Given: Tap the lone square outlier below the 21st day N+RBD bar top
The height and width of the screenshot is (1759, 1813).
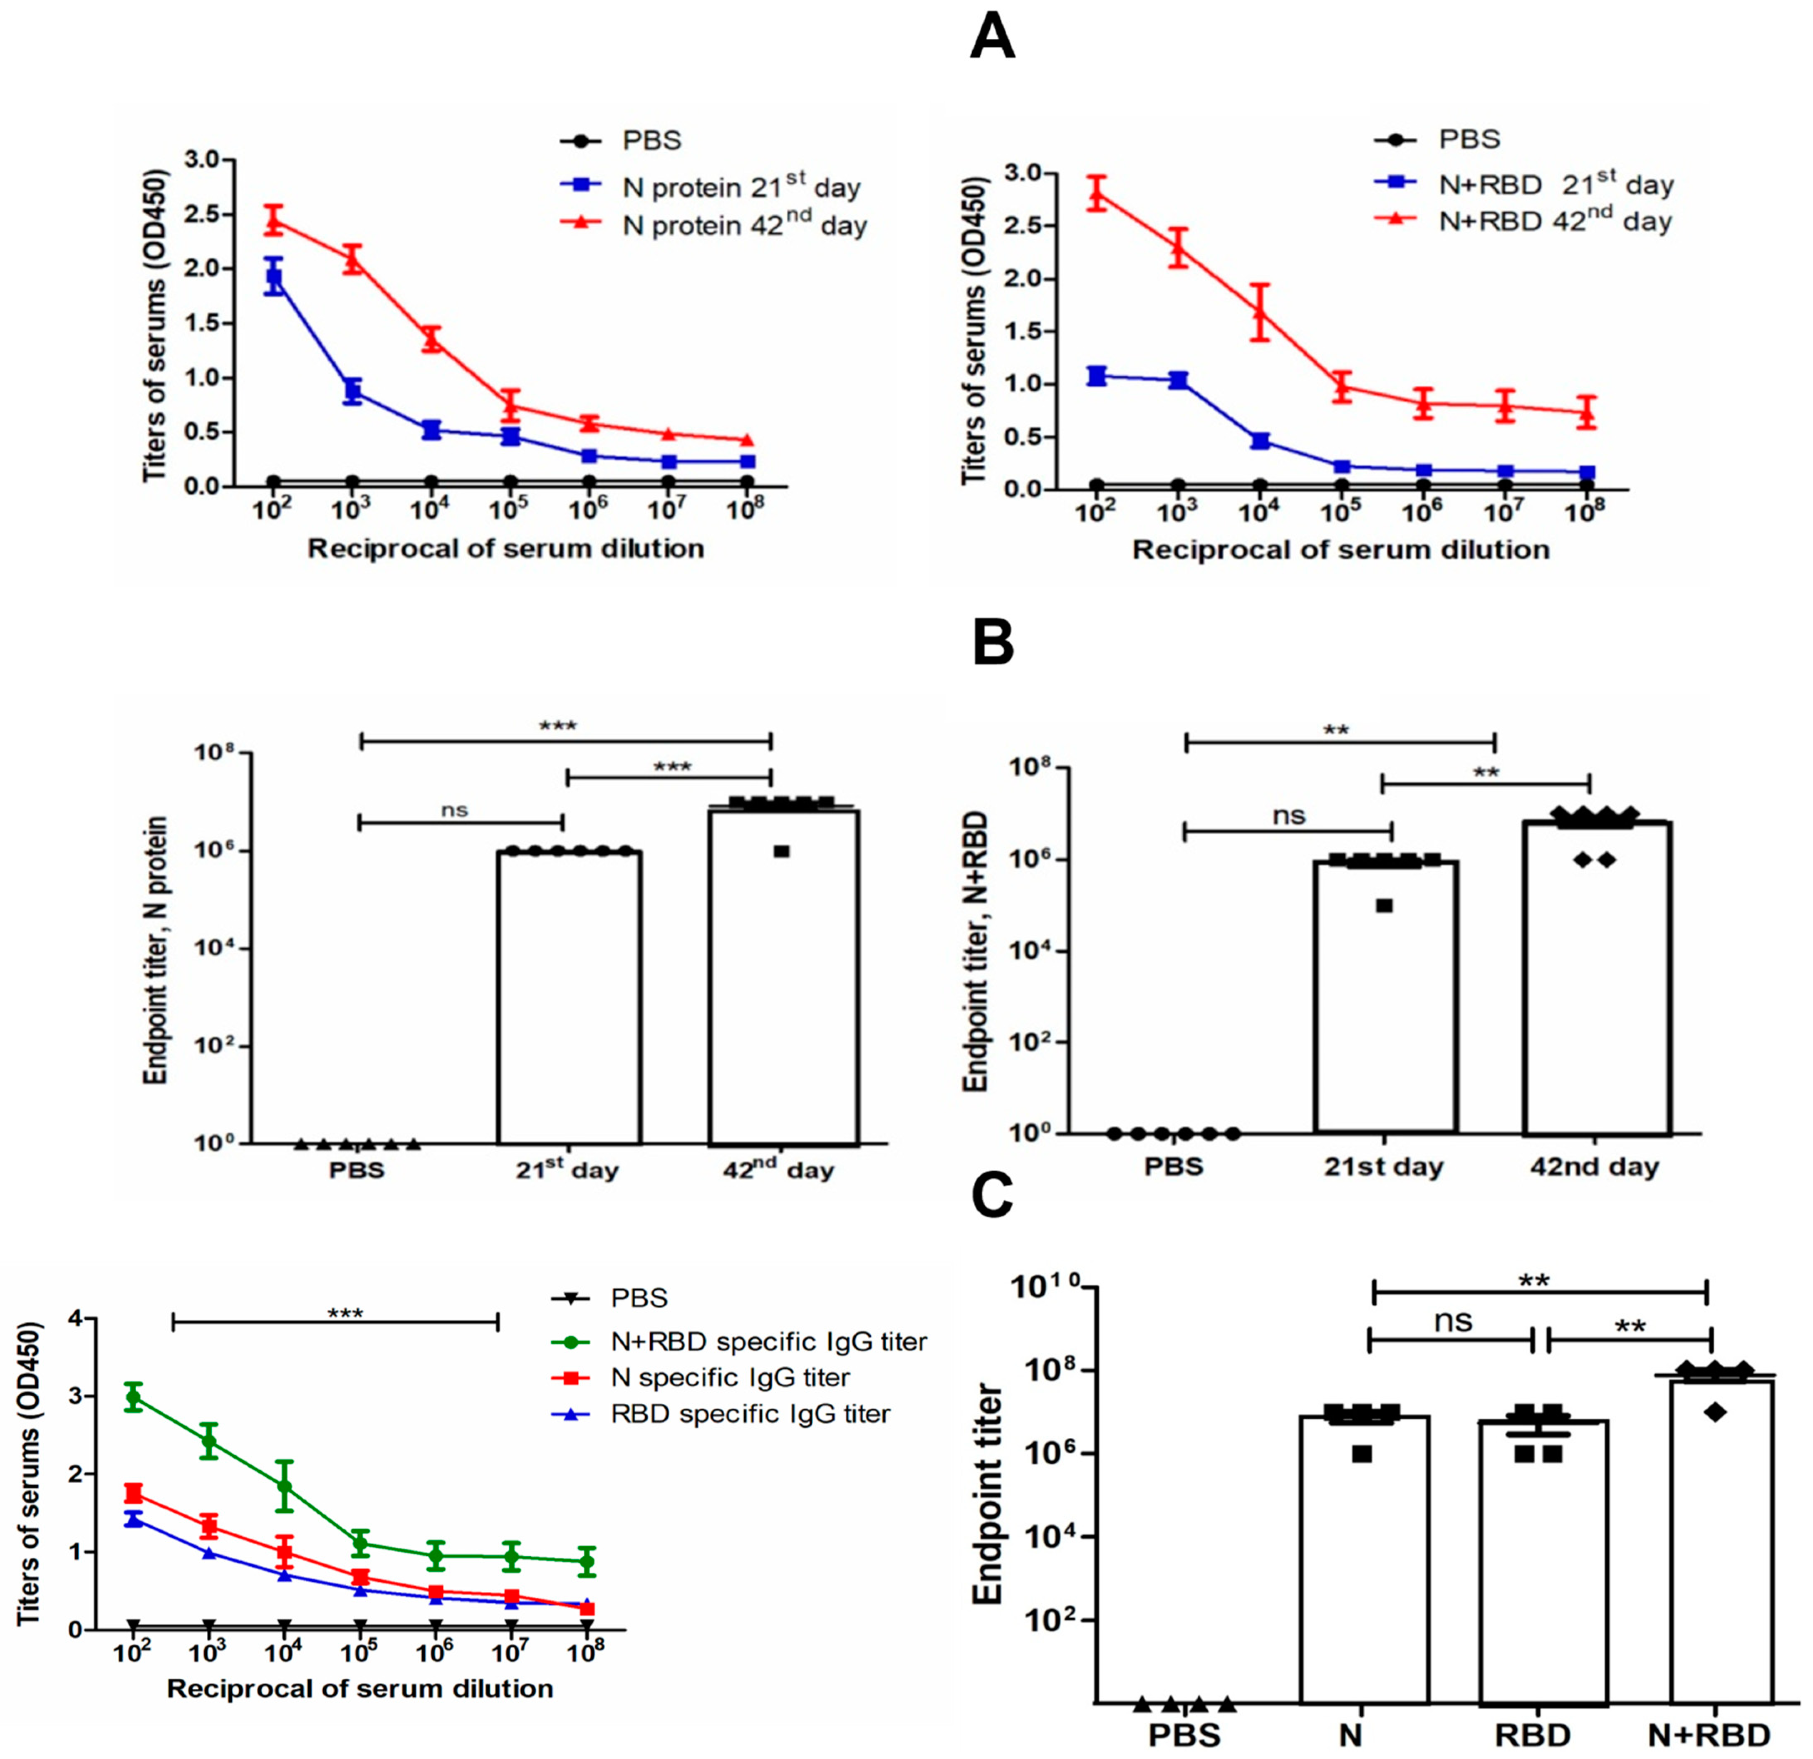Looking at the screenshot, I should pos(1384,905).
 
